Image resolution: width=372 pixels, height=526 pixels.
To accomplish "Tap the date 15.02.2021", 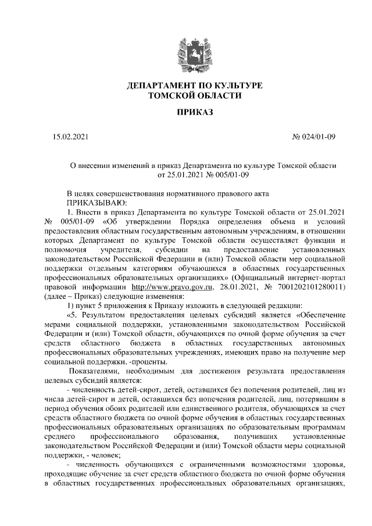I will point(70,137).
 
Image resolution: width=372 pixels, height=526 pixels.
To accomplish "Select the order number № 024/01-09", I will point(313,137).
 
